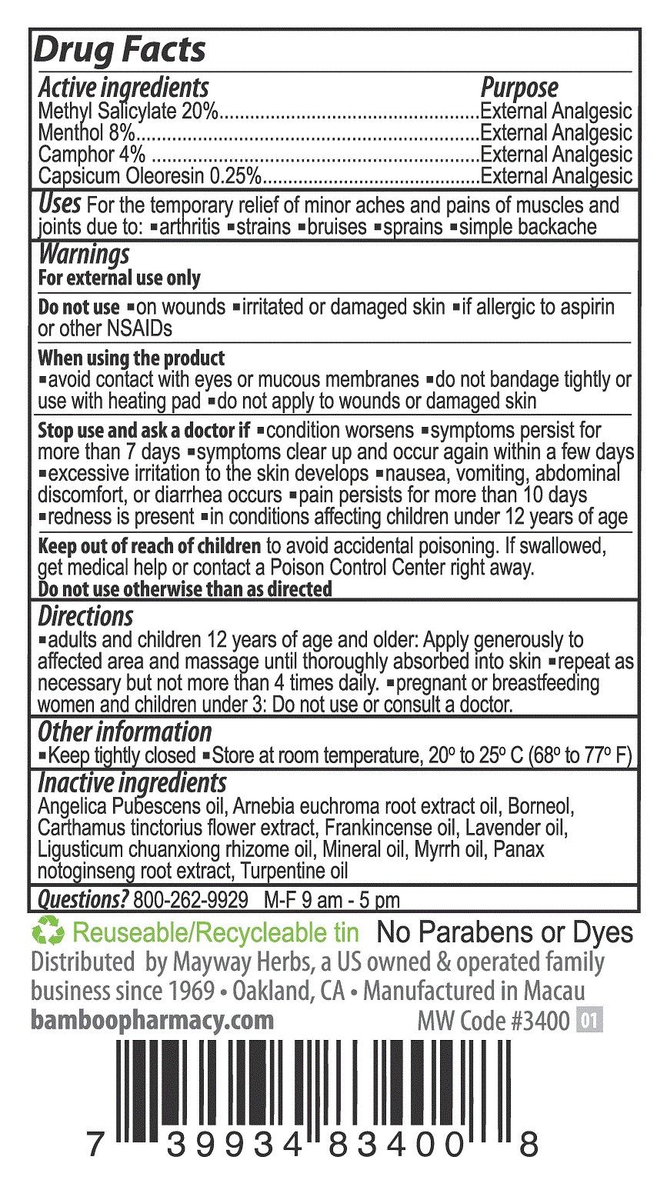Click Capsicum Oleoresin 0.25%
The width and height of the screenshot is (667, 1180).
[x=151, y=176]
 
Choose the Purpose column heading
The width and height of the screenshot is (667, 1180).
[x=519, y=88]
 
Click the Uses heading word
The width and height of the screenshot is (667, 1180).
[x=59, y=205]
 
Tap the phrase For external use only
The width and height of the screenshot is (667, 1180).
[x=119, y=278]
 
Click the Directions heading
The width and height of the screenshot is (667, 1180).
[x=85, y=616]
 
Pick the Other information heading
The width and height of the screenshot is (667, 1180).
[x=125, y=732]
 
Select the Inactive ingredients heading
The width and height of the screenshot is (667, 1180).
[x=132, y=783]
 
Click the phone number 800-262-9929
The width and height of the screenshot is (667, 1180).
[x=190, y=899]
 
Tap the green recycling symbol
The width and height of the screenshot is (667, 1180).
[x=48, y=933]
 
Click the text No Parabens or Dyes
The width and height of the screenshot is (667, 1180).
[x=504, y=933]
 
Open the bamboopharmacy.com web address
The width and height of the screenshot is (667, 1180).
[x=152, y=1020]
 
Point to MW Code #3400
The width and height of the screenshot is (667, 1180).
[x=493, y=1022]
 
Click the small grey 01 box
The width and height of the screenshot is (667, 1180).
[x=591, y=1022]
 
